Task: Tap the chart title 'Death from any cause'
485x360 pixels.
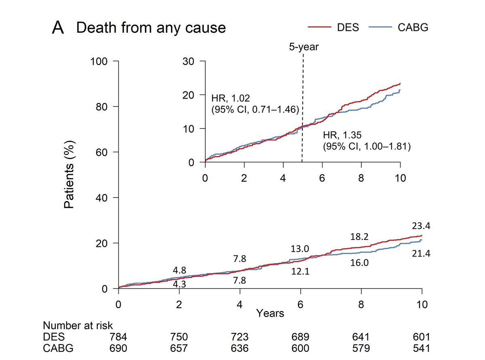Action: (151, 28)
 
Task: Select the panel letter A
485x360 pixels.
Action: (58, 28)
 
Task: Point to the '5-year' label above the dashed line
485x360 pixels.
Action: (304, 47)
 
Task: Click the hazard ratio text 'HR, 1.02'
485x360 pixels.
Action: (231, 98)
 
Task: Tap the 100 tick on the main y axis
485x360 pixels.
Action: (101, 61)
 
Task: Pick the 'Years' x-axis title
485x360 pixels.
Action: (270, 313)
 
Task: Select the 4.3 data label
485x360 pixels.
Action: (179, 284)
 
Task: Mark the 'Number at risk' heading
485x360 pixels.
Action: (78, 326)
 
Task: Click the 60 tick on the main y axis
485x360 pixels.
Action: (103, 152)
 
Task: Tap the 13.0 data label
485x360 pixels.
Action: (300, 249)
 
